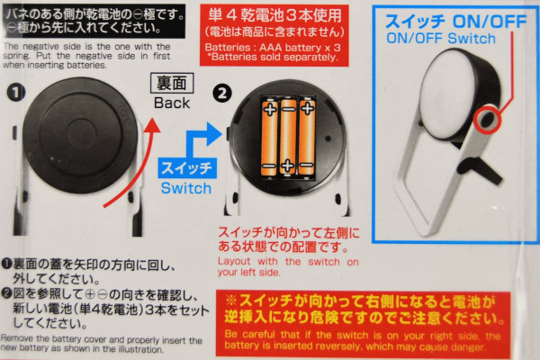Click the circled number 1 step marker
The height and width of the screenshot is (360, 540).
pyautogui.click(x=16, y=93)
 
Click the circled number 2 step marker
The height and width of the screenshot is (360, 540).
pyautogui.click(x=222, y=94)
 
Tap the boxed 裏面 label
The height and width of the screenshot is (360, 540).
pyautogui.click(x=172, y=83)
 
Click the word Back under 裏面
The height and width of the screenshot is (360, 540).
pyautogui.click(x=172, y=103)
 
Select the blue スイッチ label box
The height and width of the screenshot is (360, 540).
pyautogui.click(x=187, y=167)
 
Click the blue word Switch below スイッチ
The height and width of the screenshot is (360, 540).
pyautogui.click(x=186, y=188)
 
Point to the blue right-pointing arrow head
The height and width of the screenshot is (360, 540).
pyautogui.click(x=214, y=134)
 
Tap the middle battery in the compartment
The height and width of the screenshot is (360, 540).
pyautogui.click(x=288, y=137)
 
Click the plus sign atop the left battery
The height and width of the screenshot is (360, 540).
pyautogui.click(x=270, y=110)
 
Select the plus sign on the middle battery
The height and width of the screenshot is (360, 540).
pyautogui.click(x=288, y=166)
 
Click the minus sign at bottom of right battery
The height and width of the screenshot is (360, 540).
pyautogui.click(x=306, y=165)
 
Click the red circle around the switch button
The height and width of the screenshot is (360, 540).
pyautogui.click(x=486, y=120)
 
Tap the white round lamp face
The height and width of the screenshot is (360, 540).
pyautogui.click(x=447, y=93)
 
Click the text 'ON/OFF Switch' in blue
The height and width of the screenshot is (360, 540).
pyautogui.click(x=441, y=38)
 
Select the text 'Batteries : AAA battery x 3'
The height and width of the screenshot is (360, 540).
pyautogui.click(x=273, y=47)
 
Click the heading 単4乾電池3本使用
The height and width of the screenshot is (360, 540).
pyautogui.click(x=274, y=14)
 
